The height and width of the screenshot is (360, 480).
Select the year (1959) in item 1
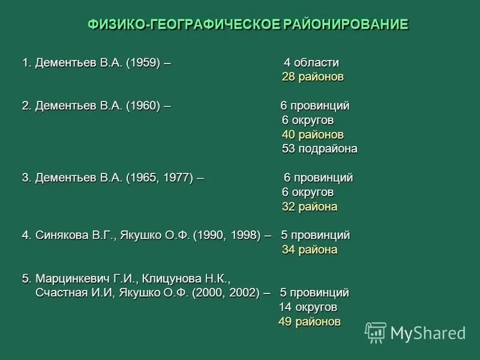(x=143, y=63)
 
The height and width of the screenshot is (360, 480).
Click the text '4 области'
(x=311, y=63)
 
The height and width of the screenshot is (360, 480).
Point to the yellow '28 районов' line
(x=313, y=77)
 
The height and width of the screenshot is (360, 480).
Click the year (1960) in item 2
(x=143, y=106)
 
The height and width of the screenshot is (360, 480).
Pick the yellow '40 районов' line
(x=313, y=134)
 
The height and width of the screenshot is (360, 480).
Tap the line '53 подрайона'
(x=319, y=149)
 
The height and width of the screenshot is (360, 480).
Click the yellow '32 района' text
(x=310, y=207)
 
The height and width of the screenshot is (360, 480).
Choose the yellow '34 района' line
(x=310, y=250)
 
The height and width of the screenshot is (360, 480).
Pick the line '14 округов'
(x=308, y=307)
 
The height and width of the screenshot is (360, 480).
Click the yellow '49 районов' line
(x=309, y=322)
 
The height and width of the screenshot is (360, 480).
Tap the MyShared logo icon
(x=376, y=332)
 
